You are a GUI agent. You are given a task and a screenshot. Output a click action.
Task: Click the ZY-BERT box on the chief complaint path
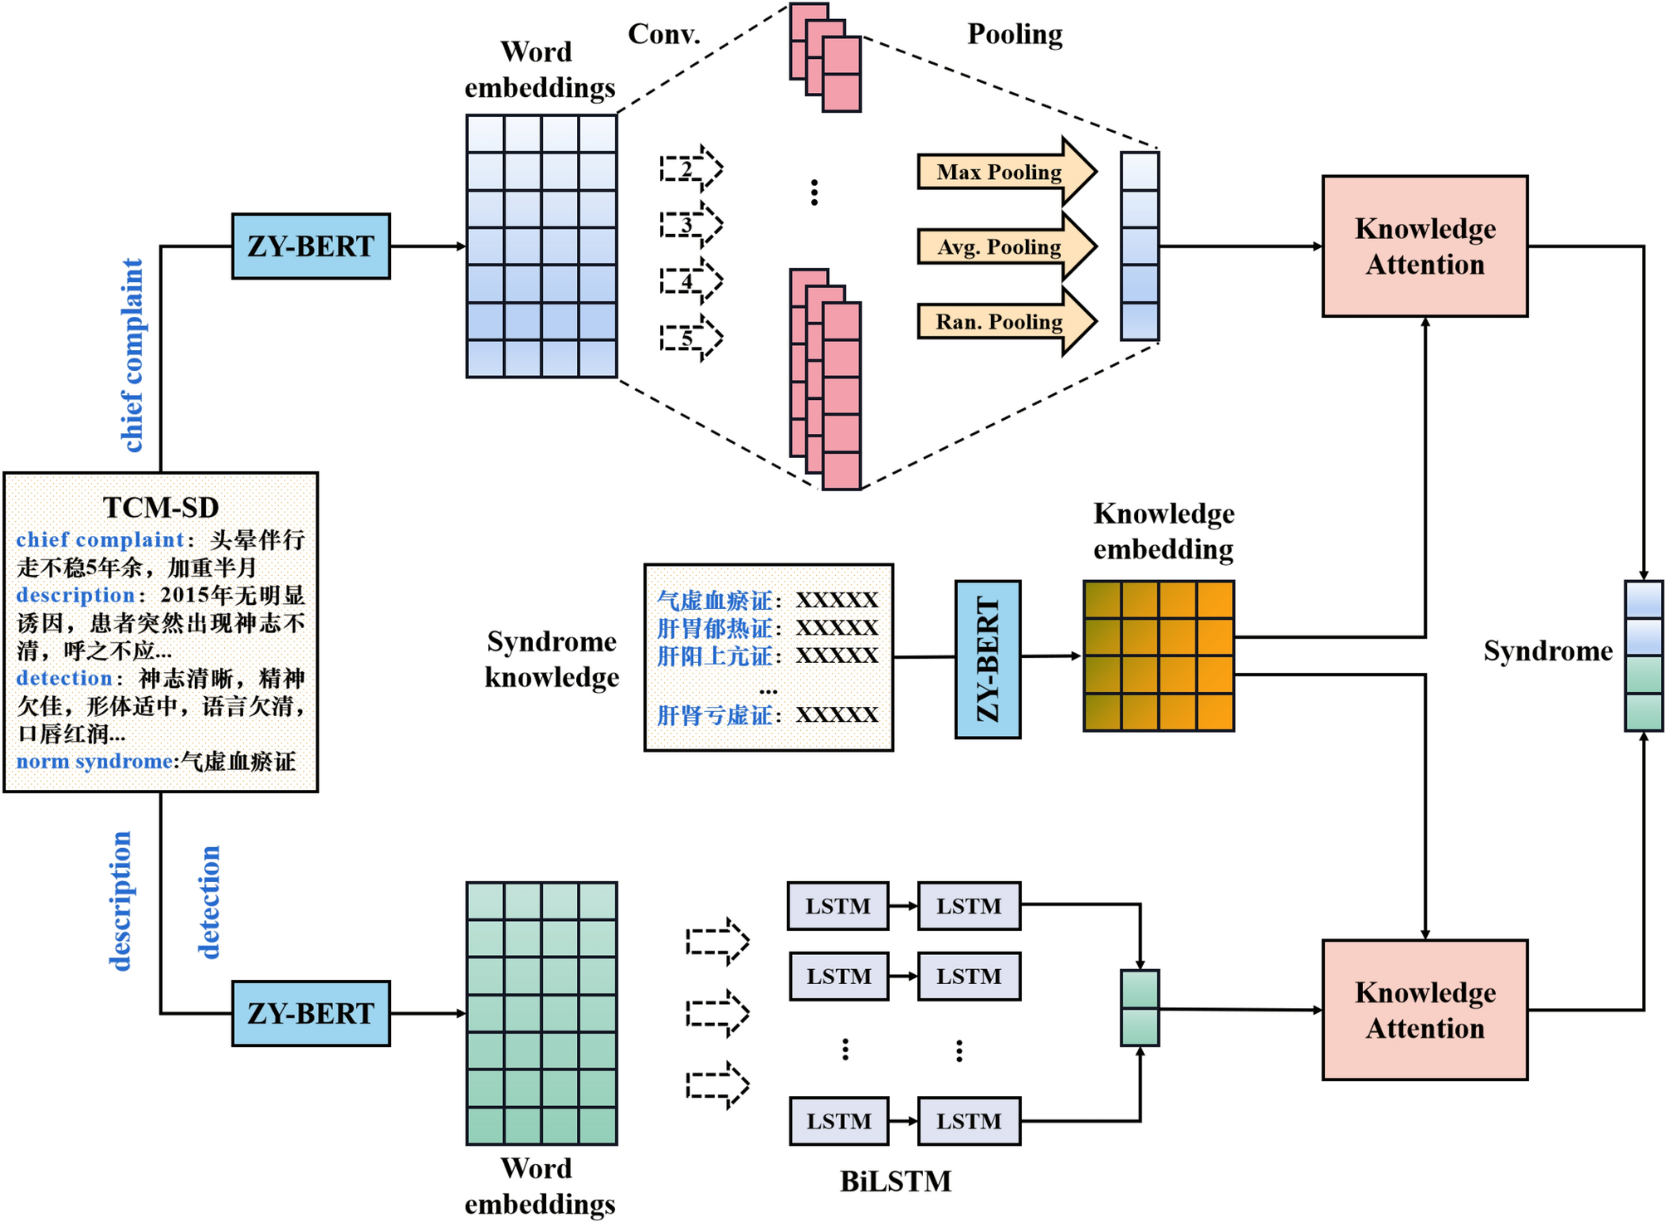[x=310, y=246]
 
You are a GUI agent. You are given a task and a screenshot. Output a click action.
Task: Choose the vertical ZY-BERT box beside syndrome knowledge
[x=987, y=659]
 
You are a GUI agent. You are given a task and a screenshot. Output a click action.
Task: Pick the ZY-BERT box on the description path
[x=310, y=1013]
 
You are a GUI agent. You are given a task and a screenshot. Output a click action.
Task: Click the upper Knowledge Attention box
[x=1424, y=246]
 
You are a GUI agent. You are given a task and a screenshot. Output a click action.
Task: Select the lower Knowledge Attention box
[x=1424, y=1010]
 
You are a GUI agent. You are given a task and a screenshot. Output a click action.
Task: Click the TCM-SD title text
[x=160, y=507]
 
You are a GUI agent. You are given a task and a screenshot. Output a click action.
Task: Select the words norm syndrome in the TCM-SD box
[x=94, y=762]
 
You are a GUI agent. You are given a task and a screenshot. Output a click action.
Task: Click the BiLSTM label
[x=895, y=1181]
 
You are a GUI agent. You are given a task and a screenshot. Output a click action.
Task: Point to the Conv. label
[x=664, y=34]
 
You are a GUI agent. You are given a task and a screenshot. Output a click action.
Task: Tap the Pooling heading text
[x=1014, y=34]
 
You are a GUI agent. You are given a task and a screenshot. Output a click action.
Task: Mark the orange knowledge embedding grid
[x=1158, y=655]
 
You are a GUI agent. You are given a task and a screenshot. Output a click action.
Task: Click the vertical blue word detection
[x=209, y=902]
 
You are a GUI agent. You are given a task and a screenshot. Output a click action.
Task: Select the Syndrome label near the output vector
[x=1547, y=651]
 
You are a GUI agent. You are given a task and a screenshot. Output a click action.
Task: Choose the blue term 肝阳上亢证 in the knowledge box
[x=714, y=656]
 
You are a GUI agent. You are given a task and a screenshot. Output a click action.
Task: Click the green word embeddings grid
[x=541, y=1013]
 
